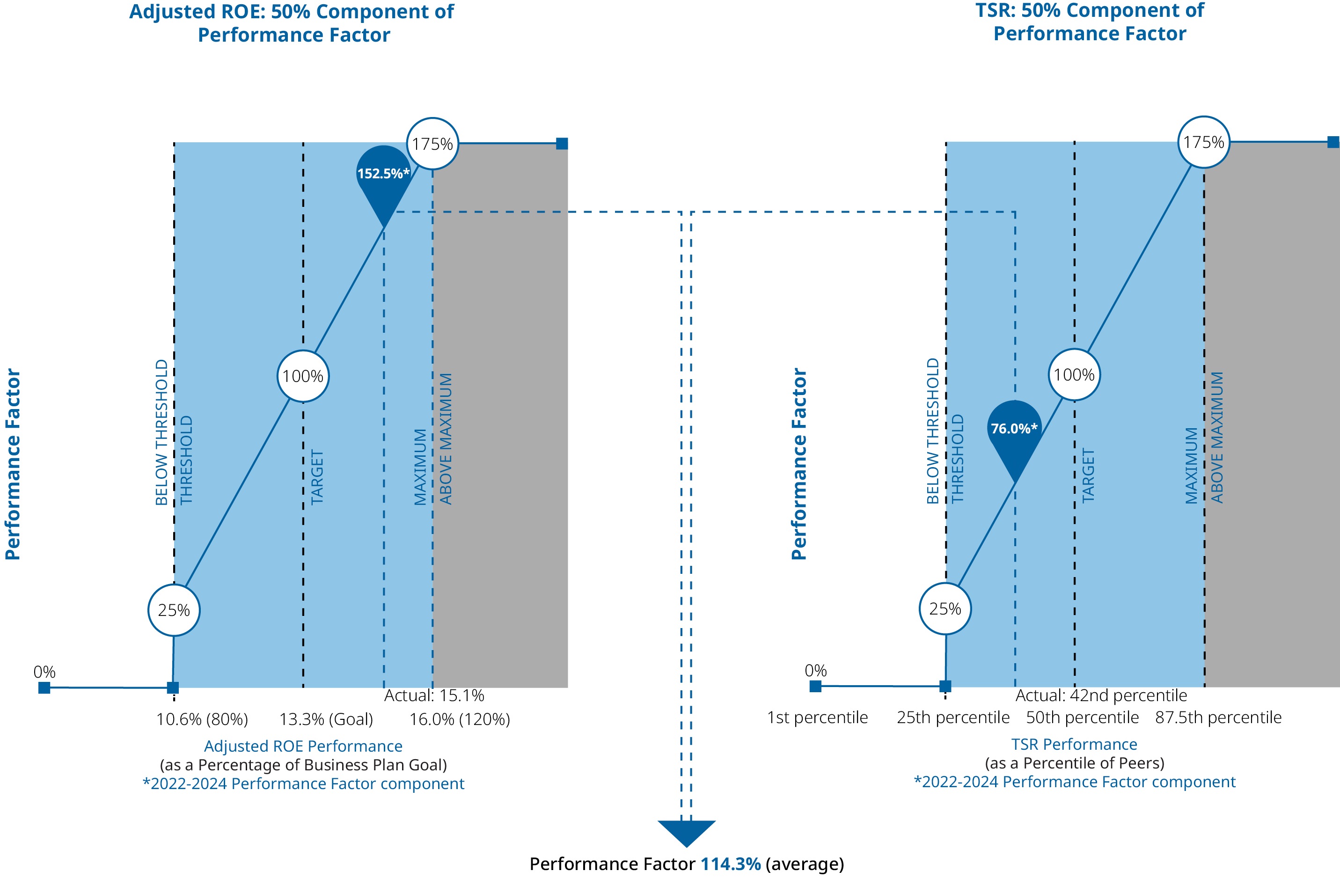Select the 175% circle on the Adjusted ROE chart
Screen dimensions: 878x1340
(x=432, y=144)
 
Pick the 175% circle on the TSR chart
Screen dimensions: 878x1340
(x=1204, y=142)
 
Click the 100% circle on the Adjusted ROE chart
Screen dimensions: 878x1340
(x=303, y=376)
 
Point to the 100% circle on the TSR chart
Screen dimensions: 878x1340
(x=1074, y=375)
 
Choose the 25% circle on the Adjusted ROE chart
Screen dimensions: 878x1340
(x=174, y=610)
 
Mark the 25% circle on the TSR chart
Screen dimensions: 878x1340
(x=945, y=608)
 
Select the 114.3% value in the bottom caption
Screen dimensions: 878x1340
(x=730, y=864)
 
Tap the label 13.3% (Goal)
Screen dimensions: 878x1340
(x=327, y=719)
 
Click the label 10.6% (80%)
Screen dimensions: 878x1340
(x=202, y=719)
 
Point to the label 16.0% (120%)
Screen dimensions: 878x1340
(x=460, y=719)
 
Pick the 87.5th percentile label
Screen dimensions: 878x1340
(x=1218, y=717)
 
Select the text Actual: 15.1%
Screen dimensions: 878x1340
(x=434, y=695)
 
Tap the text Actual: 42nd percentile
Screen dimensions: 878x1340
(x=1101, y=695)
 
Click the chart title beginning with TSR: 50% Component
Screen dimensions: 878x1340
(x=1090, y=22)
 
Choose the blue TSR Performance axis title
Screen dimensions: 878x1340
(x=1074, y=745)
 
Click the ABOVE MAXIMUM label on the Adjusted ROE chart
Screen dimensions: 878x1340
(x=446, y=439)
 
